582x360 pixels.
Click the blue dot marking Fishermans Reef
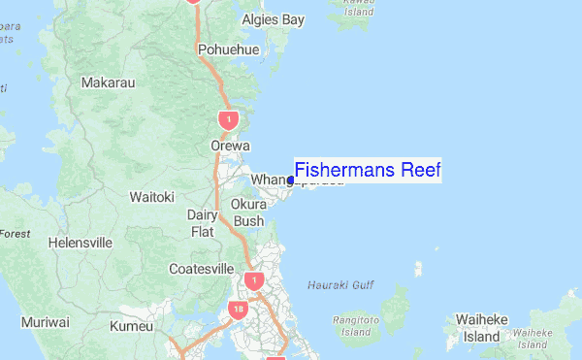click(291, 180)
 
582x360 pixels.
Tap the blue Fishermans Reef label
click(368, 171)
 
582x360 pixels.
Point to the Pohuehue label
click(229, 49)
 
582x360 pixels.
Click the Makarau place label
click(109, 83)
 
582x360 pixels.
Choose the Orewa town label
click(231, 147)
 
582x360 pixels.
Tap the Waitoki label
click(152, 197)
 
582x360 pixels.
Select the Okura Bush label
click(248, 213)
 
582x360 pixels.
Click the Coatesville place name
click(201, 269)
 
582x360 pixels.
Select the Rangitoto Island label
click(356, 325)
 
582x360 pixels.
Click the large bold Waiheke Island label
click(481, 328)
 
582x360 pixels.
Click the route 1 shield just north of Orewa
click(228, 120)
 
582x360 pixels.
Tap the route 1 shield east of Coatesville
click(253, 280)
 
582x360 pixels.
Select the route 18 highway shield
click(239, 310)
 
